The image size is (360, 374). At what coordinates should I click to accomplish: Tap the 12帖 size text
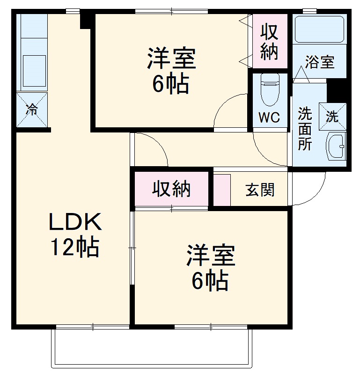click(x=75, y=248)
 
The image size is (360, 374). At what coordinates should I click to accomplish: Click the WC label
click(x=270, y=117)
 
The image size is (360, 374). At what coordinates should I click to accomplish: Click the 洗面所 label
click(x=305, y=128)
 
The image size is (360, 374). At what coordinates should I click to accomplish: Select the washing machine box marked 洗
click(x=332, y=117)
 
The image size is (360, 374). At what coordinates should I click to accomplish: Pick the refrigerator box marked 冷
click(x=32, y=110)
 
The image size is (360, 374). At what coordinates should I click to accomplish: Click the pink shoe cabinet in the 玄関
click(x=222, y=190)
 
